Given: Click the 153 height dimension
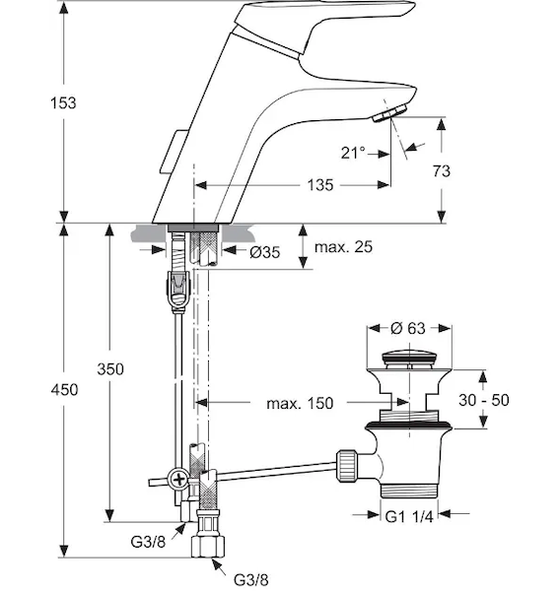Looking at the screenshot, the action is [x=63, y=102].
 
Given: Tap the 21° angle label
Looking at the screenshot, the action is [x=353, y=153].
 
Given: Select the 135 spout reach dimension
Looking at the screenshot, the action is [x=320, y=185].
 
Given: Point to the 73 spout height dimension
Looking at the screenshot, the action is [x=442, y=171].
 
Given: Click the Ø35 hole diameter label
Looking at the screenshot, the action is [x=265, y=252].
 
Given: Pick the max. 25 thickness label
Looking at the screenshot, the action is [x=343, y=247].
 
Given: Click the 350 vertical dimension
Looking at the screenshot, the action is [x=110, y=369].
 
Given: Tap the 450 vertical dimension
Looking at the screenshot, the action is [x=64, y=389].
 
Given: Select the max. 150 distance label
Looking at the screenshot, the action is [x=300, y=403].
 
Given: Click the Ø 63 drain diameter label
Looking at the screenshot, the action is [x=408, y=328].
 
